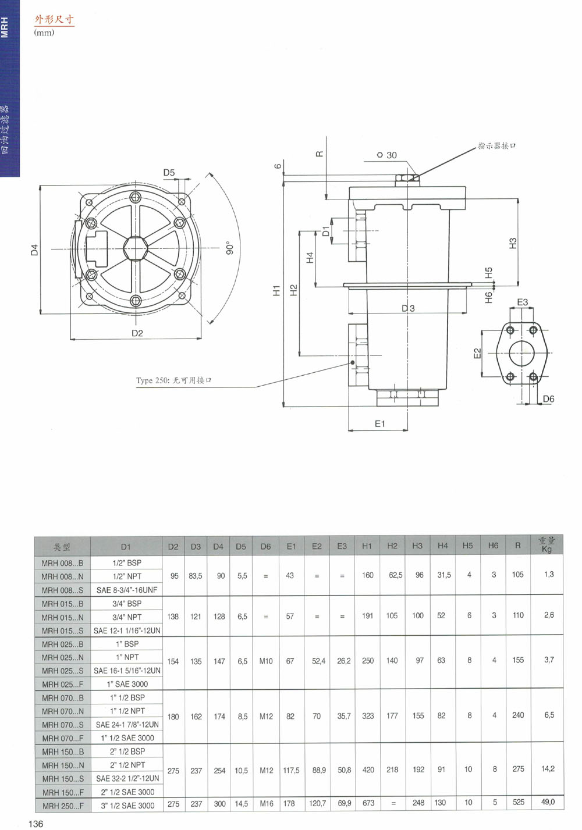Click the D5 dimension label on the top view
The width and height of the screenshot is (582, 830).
pyautogui.click(x=169, y=172)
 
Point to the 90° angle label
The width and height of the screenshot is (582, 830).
pyautogui.click(x=230, y=248)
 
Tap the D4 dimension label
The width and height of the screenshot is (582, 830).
pyautogui.click(x=34, y=250)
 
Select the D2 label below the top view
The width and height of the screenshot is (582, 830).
pyautogui.click(x=137, y=333)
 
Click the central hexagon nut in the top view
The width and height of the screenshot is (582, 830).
pyautogui.click(x=136, y=248)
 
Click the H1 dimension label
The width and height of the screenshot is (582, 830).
pyautogui.click(x=276, y=290)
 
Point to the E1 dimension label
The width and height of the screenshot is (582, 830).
pyautogui.click(x=380, y=423)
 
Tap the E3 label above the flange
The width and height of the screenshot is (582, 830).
pyautogui.click(x=522, y=302)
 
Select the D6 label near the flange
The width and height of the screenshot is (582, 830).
pyautogui.click(x=548, y=398)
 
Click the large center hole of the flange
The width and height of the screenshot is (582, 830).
pyautogui.click(x=521, y=353)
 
